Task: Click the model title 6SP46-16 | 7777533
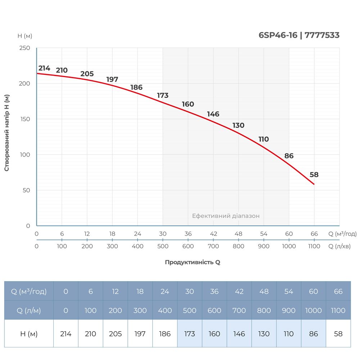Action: click(x=299, y=35)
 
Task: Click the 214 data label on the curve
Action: click(x=44, y=68)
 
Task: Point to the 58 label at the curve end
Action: click(x=314, y=175)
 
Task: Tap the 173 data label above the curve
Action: click(x=163, y=95)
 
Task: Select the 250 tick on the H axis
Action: click(x=25, y=48)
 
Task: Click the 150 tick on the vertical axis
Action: click(x=25, y=119)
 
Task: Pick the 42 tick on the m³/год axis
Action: click(x=213, y=234)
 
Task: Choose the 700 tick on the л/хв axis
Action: click(x=213, y=246)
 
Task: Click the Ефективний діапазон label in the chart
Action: click(x=226, y=216)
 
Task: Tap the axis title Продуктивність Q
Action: click(x=192, y=262)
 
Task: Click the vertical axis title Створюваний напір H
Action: click(x=7, y=132)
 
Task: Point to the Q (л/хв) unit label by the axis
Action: click(x=339, y=246)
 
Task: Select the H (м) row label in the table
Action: click(x=29, y=334)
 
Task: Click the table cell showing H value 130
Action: click(x=264, y=334)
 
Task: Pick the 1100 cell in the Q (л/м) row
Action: click(x=338, y=310)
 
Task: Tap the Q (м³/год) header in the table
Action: click(x=29, y=291)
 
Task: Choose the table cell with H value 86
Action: click(x=314, y=334)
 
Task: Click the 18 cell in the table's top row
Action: click(x=140, y=291)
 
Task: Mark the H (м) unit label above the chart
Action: click(x=25, y=36)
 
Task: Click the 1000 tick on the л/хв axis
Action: click(x=289, y=246)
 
